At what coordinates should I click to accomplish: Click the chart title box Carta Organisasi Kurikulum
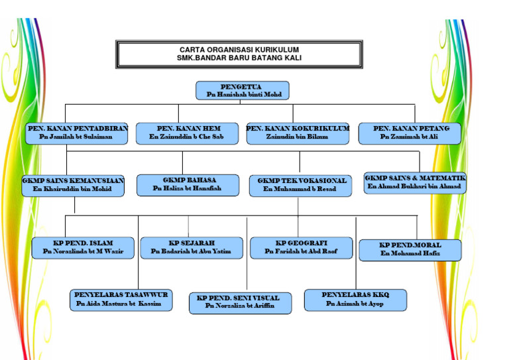coord(239,54)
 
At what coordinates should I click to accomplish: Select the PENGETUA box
coord(243,91)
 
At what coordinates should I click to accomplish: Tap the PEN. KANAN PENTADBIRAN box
coord(77,133)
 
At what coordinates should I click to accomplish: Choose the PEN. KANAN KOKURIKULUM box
coord(298,133)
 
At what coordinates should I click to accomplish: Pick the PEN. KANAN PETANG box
coord(410,133)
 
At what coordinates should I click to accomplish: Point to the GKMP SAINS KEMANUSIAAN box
coord(73,184)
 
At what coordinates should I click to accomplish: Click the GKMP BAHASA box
coord(188,184)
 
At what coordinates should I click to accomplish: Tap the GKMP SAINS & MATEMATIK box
coord(415,182)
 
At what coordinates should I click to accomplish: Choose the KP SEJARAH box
coord(192,247)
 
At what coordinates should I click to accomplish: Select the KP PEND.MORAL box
coord(410,249)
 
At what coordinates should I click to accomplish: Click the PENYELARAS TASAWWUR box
coord(121,299)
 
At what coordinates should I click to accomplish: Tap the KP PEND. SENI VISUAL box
coord(239,302)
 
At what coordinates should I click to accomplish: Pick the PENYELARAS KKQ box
coord(355,299)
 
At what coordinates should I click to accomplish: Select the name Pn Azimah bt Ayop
coord(355,304)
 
